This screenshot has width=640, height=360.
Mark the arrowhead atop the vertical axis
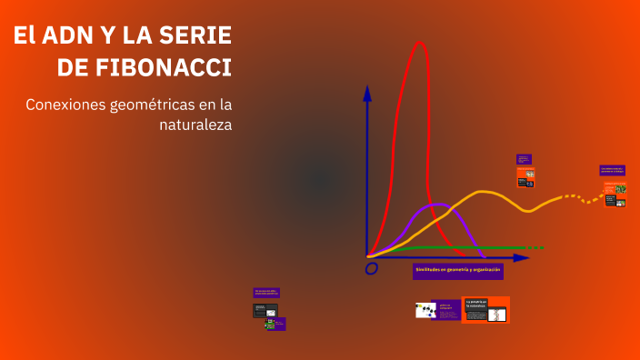click(367, 92)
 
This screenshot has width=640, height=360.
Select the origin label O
click(371, 268)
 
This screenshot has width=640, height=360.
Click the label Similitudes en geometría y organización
click(457, 271)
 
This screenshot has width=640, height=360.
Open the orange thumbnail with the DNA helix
click(485, 310)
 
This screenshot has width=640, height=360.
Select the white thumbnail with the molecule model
click(425, 310)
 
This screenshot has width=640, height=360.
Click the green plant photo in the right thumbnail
click(621, 189)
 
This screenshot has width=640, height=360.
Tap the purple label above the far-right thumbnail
click(612, 169)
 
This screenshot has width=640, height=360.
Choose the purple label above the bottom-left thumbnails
click(266, 293)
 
